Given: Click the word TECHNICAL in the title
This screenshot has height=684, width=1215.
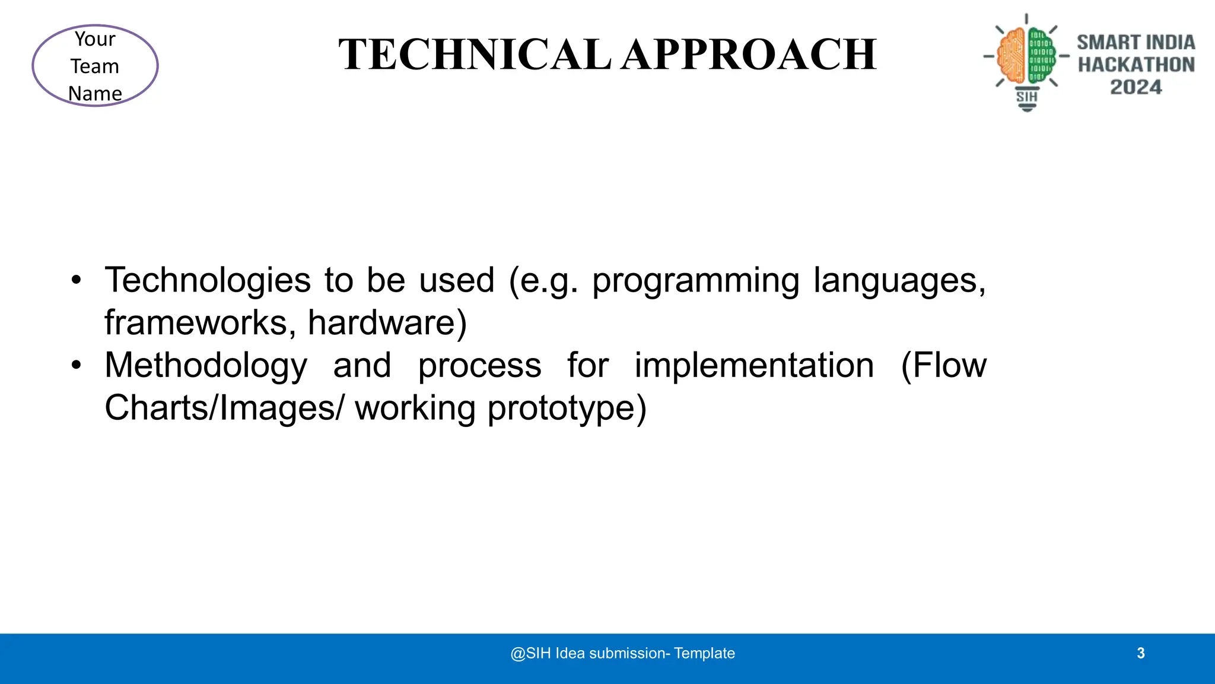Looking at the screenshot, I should (475, 55).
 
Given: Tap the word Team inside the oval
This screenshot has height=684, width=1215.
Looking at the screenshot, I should (95, 66).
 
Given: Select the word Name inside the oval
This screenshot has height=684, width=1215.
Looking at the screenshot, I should (95, 93).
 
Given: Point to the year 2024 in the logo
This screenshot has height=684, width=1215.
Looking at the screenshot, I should (1136, 87).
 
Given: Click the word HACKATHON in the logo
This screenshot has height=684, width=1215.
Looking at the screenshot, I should (1136, 65).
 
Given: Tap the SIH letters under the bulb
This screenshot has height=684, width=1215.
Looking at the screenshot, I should (1027, 97).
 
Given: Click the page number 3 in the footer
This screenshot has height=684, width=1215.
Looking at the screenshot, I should (1140, 653).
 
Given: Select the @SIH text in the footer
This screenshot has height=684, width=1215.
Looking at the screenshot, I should (530, 653).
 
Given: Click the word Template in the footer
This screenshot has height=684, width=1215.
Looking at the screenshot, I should (704, 653).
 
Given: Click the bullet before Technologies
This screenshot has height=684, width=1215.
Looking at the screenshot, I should (76, 280).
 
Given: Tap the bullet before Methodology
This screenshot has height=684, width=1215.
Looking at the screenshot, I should (76, 365).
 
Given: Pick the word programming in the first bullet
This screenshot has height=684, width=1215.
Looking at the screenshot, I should (695, 281).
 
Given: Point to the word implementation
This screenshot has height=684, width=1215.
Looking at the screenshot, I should (754, 365).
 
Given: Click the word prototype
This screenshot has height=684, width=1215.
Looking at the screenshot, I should (567, 409).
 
